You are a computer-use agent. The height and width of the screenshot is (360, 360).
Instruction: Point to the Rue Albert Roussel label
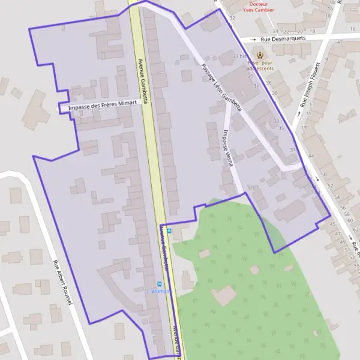(x=62, y=283)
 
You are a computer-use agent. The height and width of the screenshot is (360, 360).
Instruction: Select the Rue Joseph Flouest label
(x=311, y=84)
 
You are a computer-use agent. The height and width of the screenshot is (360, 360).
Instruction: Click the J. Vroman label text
(x=159, y=291)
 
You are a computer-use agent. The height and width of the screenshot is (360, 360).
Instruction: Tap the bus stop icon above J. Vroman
(x=159, y=284)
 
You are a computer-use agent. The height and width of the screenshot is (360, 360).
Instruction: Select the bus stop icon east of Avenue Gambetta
(x=169, y=230)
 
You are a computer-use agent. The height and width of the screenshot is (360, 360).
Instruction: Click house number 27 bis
(x=241, y=56)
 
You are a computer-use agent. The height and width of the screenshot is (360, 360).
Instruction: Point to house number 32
(x=232, y=18)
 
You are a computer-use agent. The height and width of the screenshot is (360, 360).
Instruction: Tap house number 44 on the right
(x=311, y=156)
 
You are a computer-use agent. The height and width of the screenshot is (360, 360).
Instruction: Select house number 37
(x=293, y=149)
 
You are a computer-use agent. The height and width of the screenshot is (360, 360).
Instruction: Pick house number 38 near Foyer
(x=275, y=93)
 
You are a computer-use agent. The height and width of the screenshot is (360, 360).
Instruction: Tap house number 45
(x=333, y=224)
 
